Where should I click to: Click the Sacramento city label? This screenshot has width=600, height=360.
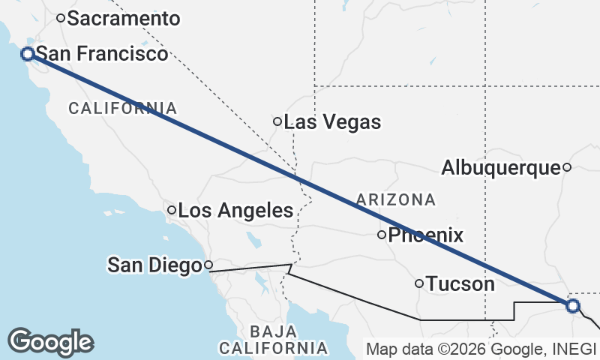click(x=124, y=19)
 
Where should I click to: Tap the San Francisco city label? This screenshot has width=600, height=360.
click(x=102, y=54)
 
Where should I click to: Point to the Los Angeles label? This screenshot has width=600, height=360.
click(x=235, y=211)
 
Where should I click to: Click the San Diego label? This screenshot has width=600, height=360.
click(x=155, y=265)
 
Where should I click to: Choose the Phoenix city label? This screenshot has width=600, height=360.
click(x=425, y=235)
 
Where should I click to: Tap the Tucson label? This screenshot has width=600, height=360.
click(x=460, y=284)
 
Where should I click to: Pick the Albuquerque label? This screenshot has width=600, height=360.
click(x=501, y=168)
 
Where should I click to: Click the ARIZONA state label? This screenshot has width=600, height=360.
click(x=396, y=199)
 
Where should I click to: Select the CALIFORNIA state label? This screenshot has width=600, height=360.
click(x=123, y=109)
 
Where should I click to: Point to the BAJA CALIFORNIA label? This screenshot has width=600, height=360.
click(x=274, y=340)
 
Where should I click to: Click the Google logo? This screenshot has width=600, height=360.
click(x=50, y=342)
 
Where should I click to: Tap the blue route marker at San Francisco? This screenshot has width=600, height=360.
click(x=27, y=54)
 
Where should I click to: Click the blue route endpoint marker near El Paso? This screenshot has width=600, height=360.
click(x=573, y=306)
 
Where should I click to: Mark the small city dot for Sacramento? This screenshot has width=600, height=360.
click(x=61, y=18)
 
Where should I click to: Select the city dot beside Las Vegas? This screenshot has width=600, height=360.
click(x=277, y=121)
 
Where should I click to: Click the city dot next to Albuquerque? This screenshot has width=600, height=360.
click(x=567, y=167)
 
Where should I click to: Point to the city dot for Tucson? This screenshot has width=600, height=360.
click(x=419, y=283)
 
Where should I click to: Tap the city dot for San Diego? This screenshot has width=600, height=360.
click(x=209, y=265)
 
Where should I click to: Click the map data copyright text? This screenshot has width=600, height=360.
click(x=480, y=349)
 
